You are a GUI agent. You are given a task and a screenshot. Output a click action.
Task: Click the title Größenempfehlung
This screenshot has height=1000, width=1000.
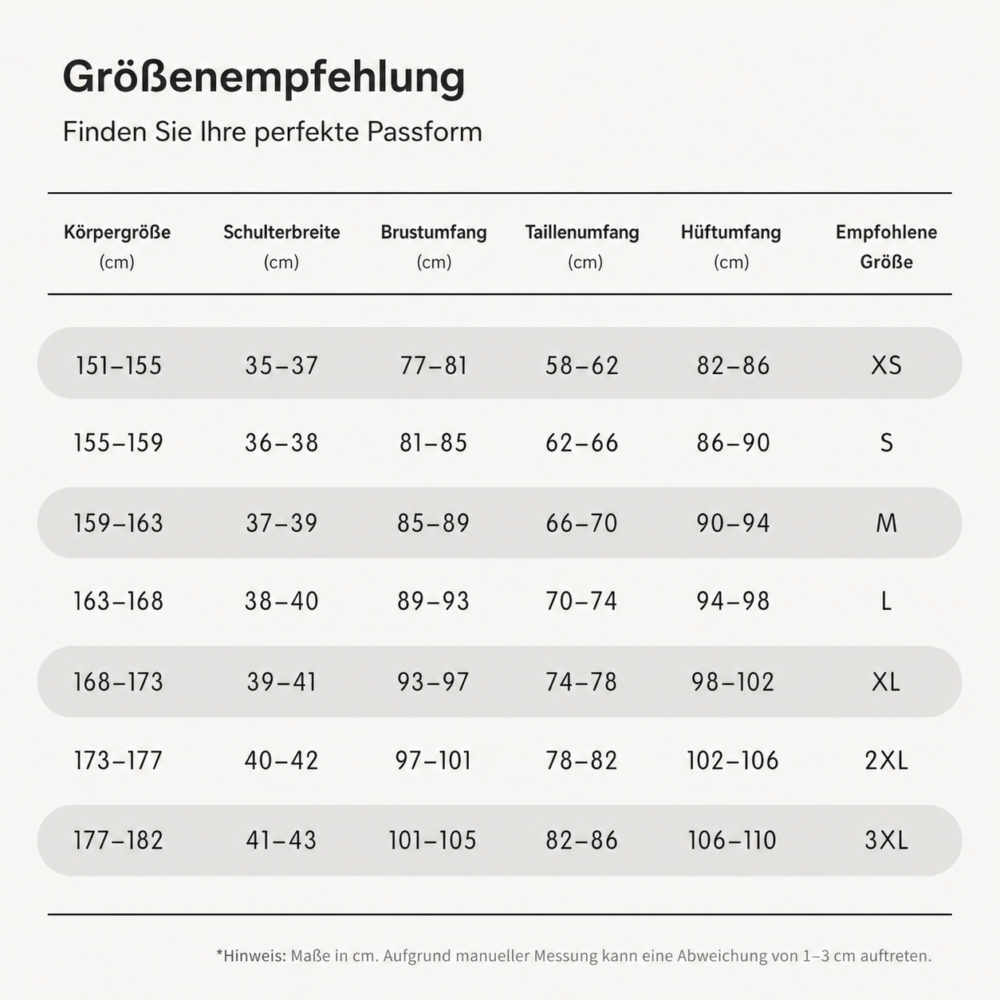click(264, 77)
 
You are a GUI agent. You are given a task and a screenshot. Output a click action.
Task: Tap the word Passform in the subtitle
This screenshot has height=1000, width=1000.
click(424, 132)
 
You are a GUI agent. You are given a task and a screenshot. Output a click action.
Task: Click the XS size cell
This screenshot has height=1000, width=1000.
click(886, 365)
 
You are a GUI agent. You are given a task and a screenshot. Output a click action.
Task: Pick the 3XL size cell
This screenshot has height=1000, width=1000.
click(886, 841)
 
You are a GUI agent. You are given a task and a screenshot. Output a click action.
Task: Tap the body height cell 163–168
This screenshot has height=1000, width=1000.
click(118, 601)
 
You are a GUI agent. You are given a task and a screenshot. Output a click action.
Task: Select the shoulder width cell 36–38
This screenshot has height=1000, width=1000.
click(281, 443)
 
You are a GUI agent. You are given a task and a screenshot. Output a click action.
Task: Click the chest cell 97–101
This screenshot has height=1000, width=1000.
click(433, 761)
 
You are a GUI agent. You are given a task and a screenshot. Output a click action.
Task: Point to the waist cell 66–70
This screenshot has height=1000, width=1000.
click(581, 523)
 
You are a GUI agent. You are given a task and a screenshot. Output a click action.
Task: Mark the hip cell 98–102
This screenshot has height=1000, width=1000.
click(733, 682)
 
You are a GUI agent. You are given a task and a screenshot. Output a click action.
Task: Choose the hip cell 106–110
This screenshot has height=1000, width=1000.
click(732, 841)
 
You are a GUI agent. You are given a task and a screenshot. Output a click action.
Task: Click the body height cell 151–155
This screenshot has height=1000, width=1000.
click(118, 365)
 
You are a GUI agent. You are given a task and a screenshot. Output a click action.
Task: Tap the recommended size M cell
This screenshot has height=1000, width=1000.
click(886, 523)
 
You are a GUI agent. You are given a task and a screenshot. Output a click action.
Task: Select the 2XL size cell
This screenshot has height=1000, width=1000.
click(886, 761)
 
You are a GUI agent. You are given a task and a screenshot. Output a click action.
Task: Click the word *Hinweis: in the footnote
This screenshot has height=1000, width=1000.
click(251, 955)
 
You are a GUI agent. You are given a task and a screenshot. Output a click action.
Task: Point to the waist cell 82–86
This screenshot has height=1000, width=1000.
click(581, 841)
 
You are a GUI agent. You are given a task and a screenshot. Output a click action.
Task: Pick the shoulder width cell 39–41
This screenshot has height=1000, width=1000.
click(281, 682)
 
